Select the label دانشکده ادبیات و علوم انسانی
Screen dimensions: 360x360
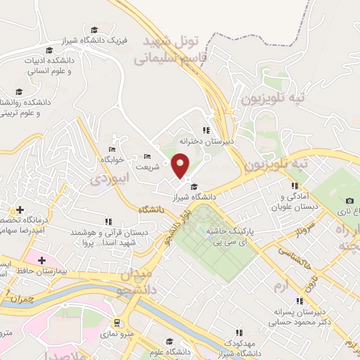(49, 66)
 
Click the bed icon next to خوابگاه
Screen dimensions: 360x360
(112, 149)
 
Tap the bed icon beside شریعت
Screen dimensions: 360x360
(147, 156)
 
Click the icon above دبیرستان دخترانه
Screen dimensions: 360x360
(205, 130)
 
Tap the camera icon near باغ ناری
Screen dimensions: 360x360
(349, 201)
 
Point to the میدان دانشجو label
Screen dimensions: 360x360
(145, 278)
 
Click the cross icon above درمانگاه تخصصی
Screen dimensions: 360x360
(20, 210)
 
